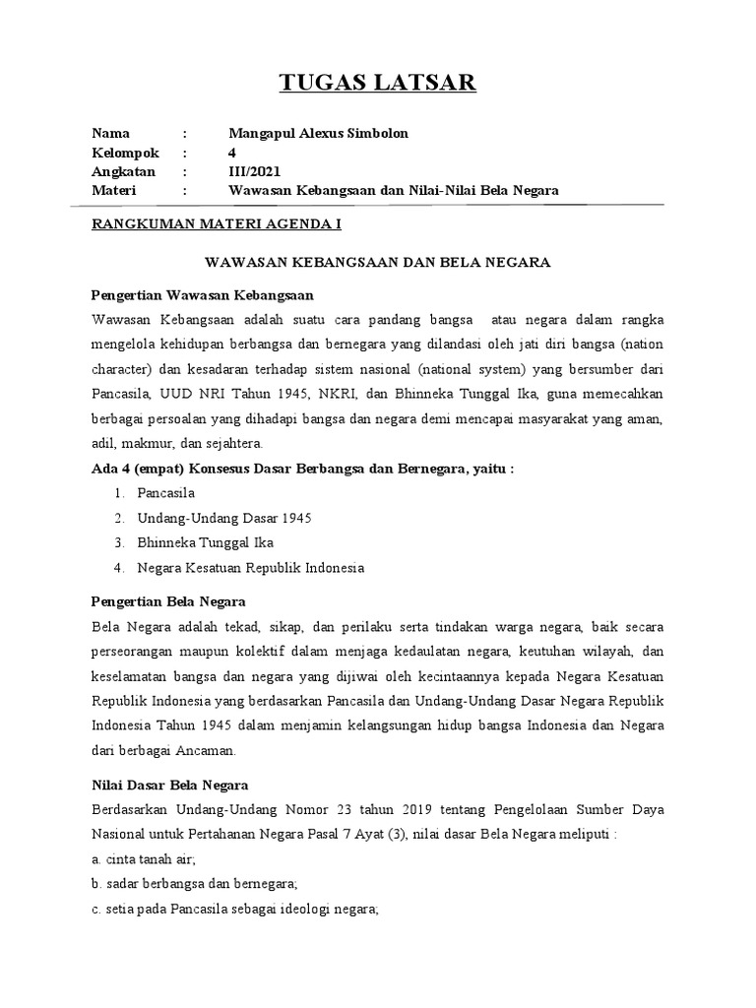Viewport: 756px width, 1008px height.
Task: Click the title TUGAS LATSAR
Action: coord(378,83)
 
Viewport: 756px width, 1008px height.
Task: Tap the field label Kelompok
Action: coord(125,153)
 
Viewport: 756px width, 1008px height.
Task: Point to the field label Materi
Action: coord(113,190)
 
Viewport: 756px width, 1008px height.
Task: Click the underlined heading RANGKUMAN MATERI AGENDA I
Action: coord(216,224)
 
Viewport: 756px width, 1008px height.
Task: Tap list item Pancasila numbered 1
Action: coord(166,492)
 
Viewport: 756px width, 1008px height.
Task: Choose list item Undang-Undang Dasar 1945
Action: coord(224,518)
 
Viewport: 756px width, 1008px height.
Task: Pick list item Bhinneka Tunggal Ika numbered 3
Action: coord(206,542)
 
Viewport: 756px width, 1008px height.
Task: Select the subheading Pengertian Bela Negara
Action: coord(168,600)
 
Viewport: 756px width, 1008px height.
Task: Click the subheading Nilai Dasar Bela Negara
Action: coord(169,786)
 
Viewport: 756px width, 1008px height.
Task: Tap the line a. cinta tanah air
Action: coord(144,858)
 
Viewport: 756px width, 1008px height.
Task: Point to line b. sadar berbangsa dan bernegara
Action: coord(194,883)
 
